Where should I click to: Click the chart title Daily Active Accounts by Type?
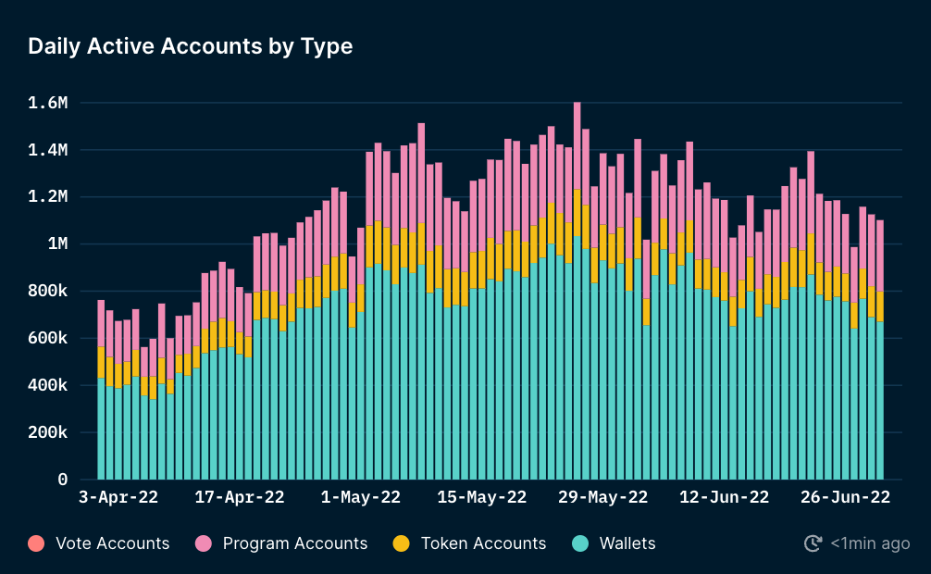[x=191, y=46]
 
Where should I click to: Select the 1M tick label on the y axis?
[x=55, y=244]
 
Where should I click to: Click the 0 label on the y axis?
[x=63, y=480]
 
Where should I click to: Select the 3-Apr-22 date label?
[x=118, y=498]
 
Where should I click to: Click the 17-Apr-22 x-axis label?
[x=240, y=498]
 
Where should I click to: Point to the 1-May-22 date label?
[x=360, y=498]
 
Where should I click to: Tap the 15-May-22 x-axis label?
[x=481, y=498]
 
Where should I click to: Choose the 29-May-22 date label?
[x=602, y=498]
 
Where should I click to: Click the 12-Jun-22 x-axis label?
[x=724, y=498]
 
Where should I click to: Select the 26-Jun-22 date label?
[x=844, y=498]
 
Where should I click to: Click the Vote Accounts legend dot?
[x=36, y=543]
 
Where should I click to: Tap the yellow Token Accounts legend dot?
[x=401, y=543]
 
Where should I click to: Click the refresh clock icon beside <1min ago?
[x=813, y=543]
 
